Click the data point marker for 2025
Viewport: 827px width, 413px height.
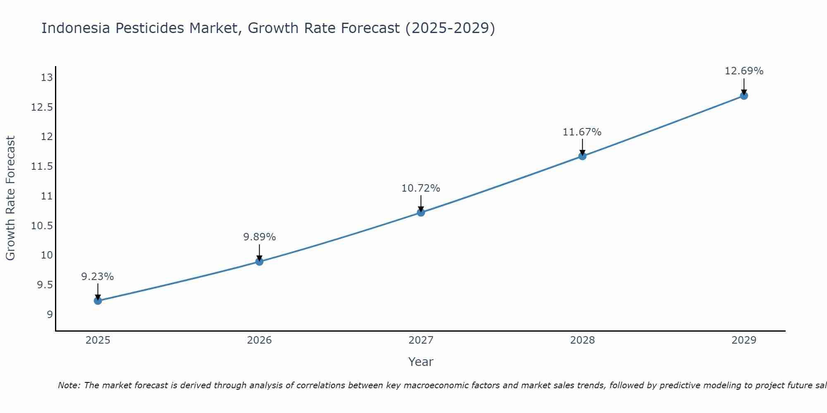98,301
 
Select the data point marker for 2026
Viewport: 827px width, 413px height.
259,261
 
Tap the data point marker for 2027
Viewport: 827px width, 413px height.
421,212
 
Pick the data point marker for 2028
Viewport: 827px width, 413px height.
582,156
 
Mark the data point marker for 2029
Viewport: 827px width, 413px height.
744,96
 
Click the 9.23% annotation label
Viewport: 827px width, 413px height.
98,277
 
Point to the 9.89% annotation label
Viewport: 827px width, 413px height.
259,237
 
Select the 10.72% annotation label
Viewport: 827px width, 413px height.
421,188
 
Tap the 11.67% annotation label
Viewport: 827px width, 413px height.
582,132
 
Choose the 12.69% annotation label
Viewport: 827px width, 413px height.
744,71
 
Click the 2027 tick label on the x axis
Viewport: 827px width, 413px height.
421,340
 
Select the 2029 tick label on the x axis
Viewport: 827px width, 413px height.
744,340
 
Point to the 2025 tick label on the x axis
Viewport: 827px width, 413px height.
98,340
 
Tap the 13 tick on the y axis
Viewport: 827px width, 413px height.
48,78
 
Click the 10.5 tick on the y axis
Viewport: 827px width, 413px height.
43,226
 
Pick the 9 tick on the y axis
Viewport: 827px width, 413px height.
50,315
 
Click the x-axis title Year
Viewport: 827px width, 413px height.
421,362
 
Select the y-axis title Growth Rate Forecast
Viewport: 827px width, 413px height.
11,198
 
